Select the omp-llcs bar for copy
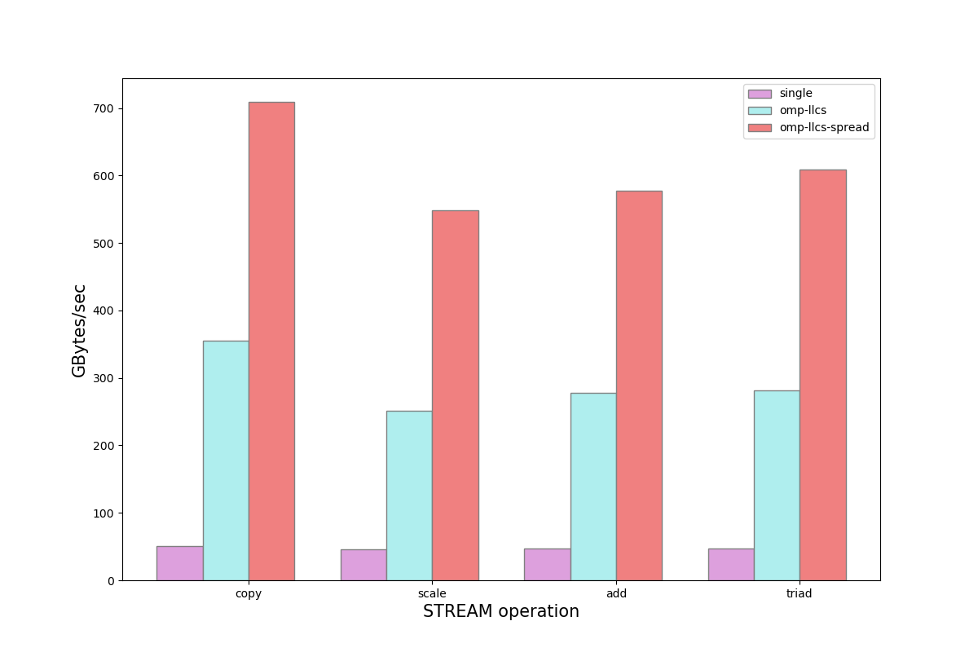click(226, 460)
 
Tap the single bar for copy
click(179, 563)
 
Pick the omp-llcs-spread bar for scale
click(455, 395)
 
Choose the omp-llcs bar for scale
click(409, 496)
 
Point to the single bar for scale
click(363, 565)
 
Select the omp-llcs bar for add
click(593, 487)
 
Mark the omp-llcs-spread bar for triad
click(822, 375)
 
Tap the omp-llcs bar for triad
click(777, 485)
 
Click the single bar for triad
click(731, 564)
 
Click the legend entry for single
click(795, 94)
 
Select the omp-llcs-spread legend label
click(824, 128)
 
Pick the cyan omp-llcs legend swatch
click(760, 111)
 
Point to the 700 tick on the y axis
click(103, 108)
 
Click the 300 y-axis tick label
click(103, 378)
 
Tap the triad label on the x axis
click(800, 593)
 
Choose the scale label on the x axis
click(432, 593)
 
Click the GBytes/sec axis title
click(79, 330)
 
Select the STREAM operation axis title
click(500, 612)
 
